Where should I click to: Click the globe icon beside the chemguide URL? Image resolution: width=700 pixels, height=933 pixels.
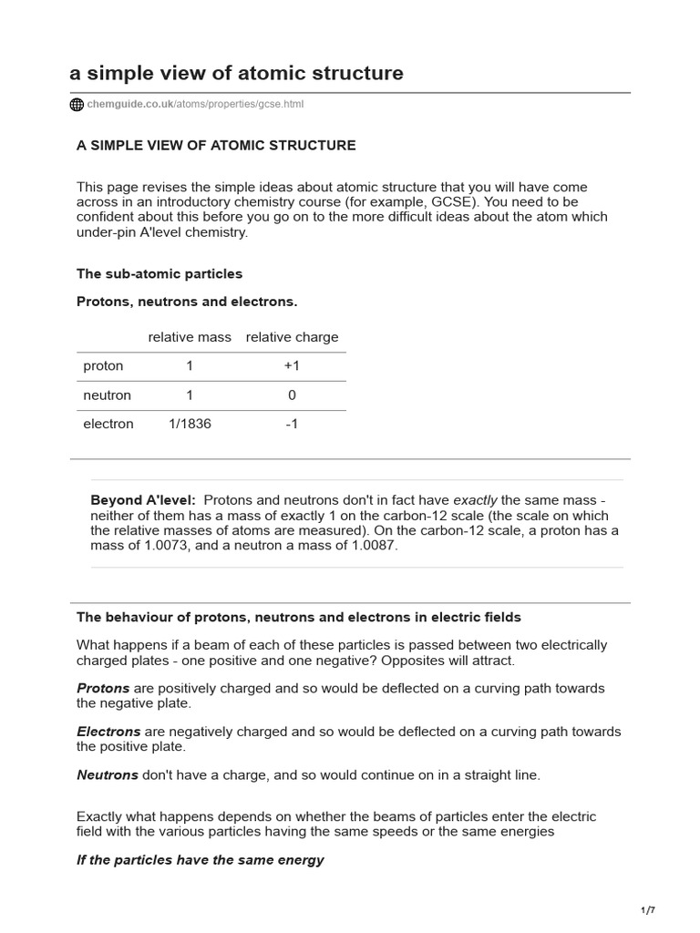(77, 105)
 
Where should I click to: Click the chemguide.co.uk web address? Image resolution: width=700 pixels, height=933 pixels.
(195, 105)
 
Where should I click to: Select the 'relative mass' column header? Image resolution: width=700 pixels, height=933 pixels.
(190, 337)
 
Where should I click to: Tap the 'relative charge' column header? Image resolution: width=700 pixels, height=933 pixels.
(292, 337)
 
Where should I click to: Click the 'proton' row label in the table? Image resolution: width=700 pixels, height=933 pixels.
(103, 366)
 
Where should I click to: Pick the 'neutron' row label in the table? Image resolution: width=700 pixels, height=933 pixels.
(107, 395)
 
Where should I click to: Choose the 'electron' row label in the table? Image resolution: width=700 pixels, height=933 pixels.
(108, 424)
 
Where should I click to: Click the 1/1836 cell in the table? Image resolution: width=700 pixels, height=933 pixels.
(190, 424)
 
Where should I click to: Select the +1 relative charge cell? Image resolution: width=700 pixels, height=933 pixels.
(292, 366)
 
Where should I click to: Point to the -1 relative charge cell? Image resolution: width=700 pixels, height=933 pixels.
(292, 424)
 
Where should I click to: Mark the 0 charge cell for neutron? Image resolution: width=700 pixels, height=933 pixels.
(292, 395)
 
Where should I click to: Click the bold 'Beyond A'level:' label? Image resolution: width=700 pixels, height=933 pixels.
(143, 500)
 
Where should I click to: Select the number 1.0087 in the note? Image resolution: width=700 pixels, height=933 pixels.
(366, 545)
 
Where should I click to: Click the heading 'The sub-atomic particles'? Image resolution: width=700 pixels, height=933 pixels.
(160, 273)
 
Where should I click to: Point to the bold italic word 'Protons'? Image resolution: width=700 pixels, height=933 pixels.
(103, 688)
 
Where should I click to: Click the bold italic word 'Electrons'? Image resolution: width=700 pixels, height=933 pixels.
(108, 732)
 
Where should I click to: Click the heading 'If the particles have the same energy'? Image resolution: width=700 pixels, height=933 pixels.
(201, 860)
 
